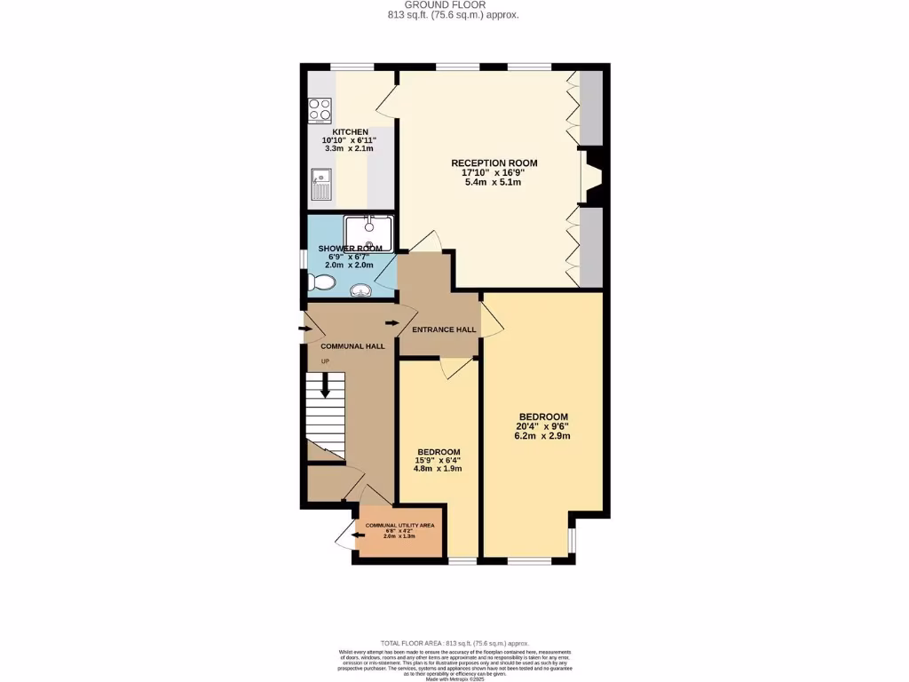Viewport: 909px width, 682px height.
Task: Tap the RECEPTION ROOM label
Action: (x=494, y=163)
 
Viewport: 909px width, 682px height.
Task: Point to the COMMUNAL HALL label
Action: (x=352, y=345)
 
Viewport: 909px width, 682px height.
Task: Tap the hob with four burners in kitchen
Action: (x=320, y=110)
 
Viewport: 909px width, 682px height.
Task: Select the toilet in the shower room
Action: (x=321, y=282)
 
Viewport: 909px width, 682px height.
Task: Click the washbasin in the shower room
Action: (x=361, y=289)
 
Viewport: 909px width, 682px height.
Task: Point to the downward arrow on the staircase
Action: (x=326, y=385)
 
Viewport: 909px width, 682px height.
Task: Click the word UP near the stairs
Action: (x=325, y=361)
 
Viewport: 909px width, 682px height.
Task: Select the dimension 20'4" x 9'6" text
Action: (x=543, y=426)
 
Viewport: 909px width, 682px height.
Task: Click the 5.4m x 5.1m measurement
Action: (x=494, y=182)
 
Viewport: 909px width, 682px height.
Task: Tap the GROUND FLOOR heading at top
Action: (x=454, y=5)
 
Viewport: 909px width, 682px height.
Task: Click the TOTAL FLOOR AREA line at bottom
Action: (x=454, y=643)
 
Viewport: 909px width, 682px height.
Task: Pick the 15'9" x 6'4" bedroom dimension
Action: (x=439, y=460)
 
